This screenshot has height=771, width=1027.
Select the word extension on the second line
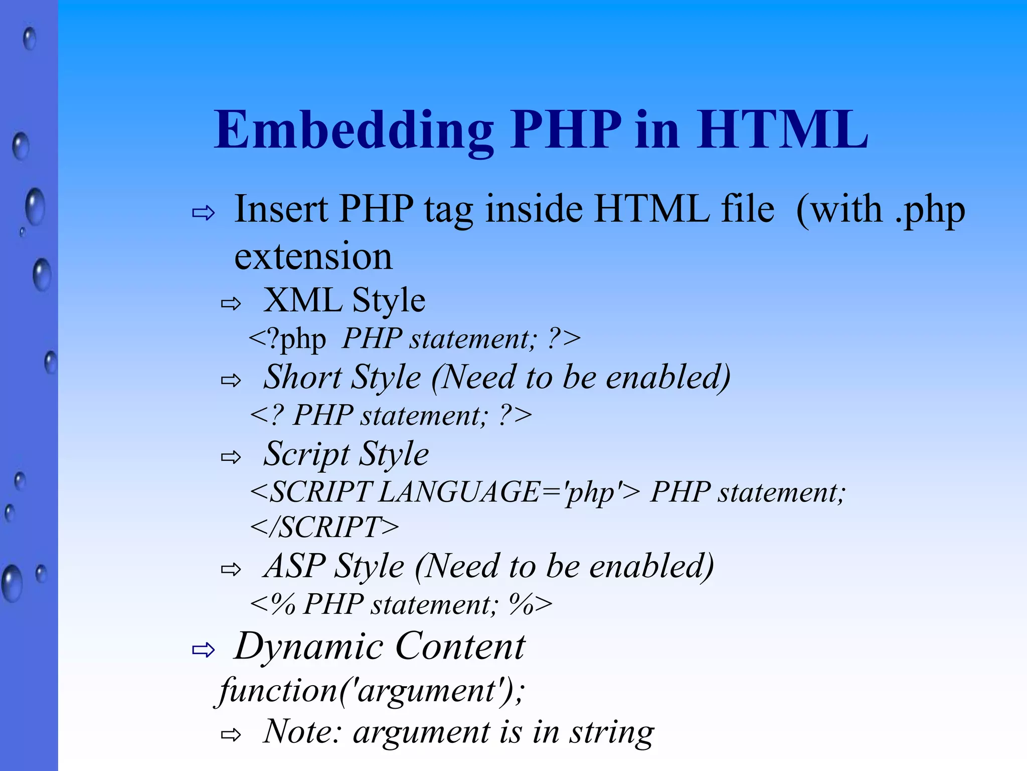coord(313,256)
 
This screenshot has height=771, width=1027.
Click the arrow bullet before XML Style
coord(231,303)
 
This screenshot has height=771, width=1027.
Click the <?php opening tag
coord(287,339)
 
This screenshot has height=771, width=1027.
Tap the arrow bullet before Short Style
coord(231,380)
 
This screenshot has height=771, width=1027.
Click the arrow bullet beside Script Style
coord(231,457)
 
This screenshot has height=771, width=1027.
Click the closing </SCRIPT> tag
coord(324,527)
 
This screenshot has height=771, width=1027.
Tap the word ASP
coord(295,566)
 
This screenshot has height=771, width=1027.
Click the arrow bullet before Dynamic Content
coord(203,650)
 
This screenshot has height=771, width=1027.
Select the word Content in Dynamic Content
coord(460,647)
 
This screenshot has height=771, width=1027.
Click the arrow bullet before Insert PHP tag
coord(203,213)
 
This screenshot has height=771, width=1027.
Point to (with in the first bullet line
coord(839,209)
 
